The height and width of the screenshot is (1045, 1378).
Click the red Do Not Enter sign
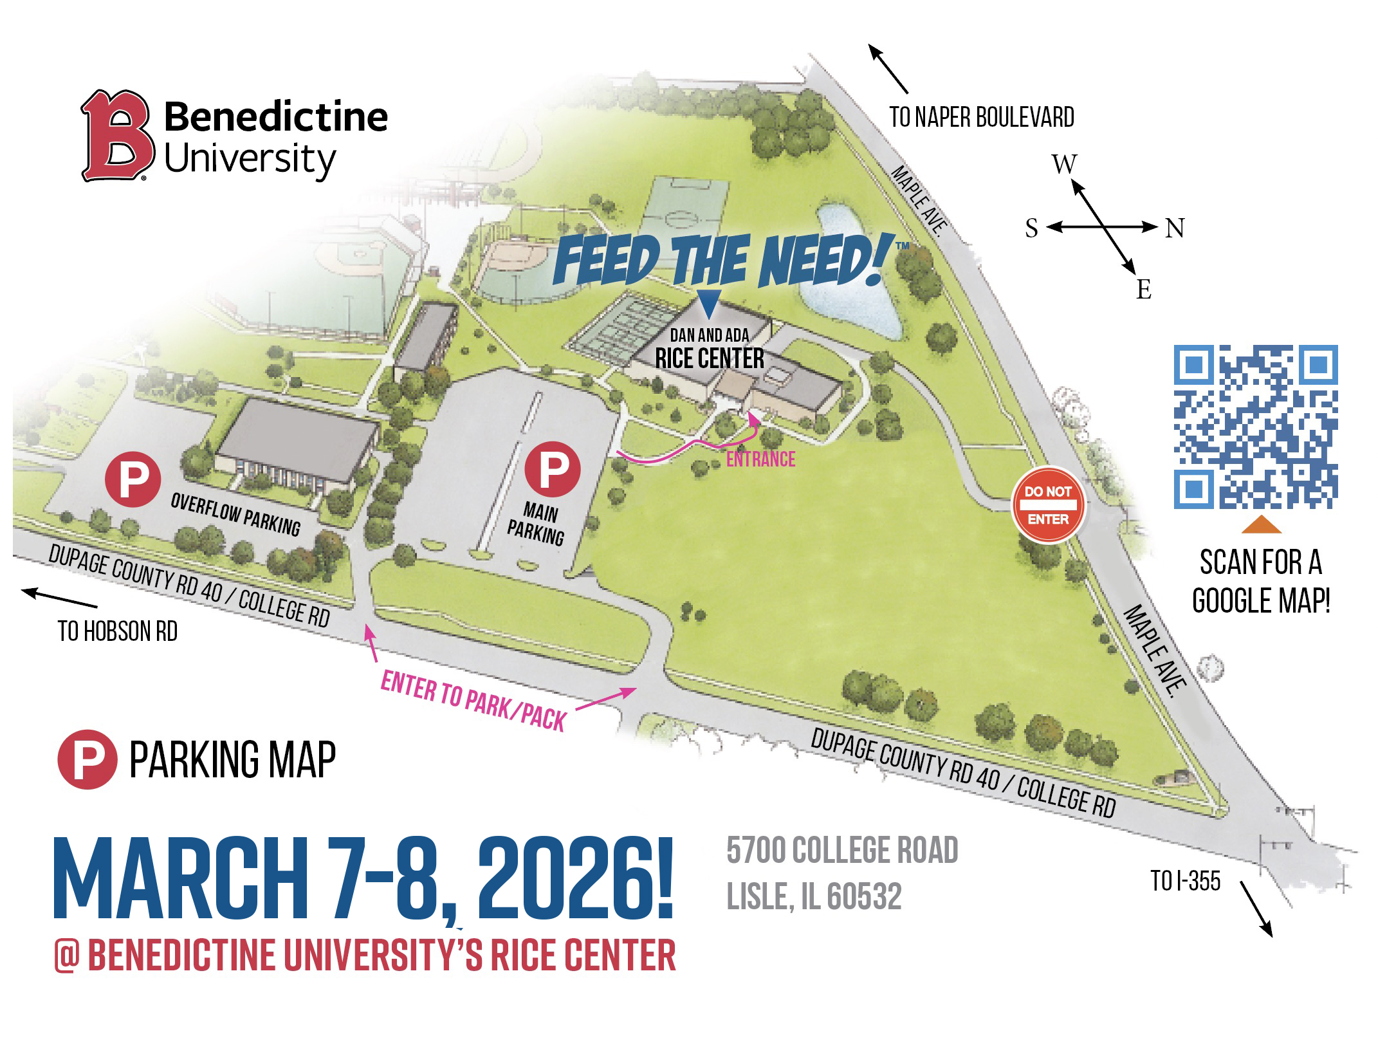coord(1048,504)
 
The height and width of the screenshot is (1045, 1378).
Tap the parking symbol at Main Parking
coord(553,469)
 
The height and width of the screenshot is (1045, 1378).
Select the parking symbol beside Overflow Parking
coord(133,479)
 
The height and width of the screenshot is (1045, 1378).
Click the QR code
coord(1255,427)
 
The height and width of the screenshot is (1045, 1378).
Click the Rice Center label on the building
coord(710,358)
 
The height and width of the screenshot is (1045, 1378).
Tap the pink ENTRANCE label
coord(760,459)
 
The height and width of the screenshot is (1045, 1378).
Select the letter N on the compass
coord(1175,228)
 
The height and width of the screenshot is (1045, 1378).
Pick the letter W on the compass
coord(1064,164)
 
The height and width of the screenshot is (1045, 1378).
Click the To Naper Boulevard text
coord(982,118)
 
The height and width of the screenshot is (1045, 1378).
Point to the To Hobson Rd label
coord(117,631)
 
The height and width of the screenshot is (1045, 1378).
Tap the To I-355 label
coord(1185,881)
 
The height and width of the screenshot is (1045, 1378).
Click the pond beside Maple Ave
coord(847,270)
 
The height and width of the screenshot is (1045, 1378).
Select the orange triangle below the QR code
coord(1261,525)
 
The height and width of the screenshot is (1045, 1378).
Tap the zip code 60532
coord(864,896)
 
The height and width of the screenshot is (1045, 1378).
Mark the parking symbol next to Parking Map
coord(87,759)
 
